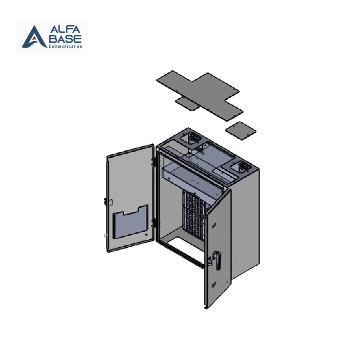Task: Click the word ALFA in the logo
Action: pyautogui.click(x=65, y=29)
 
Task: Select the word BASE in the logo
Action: pyautogui.click(x=66, y=39)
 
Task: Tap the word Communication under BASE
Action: pyautogui.click(x=65, y=46)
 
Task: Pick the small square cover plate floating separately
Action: pyautogui.click(x=240, y=131)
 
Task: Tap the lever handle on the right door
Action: pyautogui.click(x=218, y=260)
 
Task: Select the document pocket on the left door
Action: pyautogui.click(x=130, y=221)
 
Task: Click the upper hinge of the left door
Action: pyautogui.click(x=153, y=162)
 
